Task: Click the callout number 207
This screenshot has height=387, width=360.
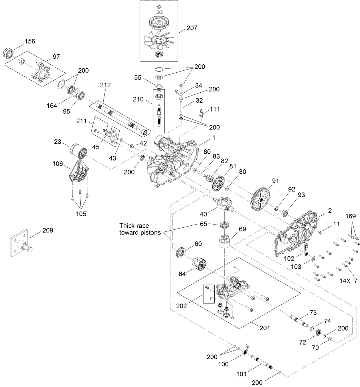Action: pyautogui.click(x=192, y=28)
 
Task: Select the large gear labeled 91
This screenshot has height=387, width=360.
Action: pyautogui.click(x=261, y=199)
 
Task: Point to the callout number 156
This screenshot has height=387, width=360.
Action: pyautogui.click(x=30, y=41)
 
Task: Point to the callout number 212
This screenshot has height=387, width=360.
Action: pyautogui.click(x=105, y=85)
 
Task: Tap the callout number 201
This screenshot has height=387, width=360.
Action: pyautogui.click(x=265, y=328)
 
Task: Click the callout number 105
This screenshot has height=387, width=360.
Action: pyautogui.click(x=81, y=214)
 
